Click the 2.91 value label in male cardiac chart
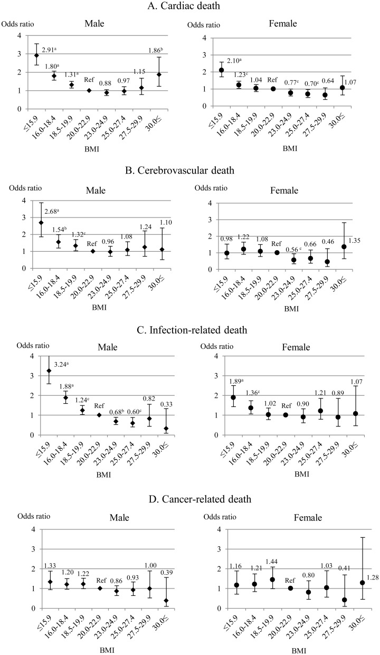coord(50,50)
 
